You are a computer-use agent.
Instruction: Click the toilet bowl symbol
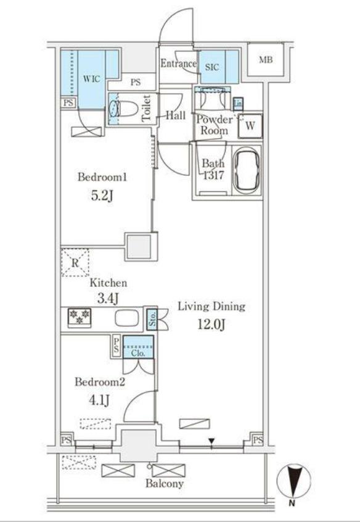tap(123, 109)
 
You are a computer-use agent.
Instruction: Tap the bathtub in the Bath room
tap(246, 171)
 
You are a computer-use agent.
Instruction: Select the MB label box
tap(266, 60)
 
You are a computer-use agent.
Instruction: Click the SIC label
tap(212, 67)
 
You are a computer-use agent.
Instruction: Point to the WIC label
tap(91, 79)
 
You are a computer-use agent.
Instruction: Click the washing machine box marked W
tap(250, 126)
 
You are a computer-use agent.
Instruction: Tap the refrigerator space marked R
tap(75, 262)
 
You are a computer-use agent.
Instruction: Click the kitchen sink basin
tap(127, 318)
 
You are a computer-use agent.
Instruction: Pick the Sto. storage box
tap(152, 318)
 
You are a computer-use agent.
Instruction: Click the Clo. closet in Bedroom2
tap(139, 347)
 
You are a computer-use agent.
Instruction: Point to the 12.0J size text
tap(211, 324)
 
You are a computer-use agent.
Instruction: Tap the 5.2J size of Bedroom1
tap(102, 196)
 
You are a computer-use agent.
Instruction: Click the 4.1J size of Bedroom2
tap(98, 400)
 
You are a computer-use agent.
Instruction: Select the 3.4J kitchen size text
tap(108, 299)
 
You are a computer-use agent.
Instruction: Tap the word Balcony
tap(165, 484)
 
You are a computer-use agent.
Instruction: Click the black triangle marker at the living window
tap(211, 441)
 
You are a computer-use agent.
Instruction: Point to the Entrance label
tap(178, 64)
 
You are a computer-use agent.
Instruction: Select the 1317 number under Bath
tap(213, 175)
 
